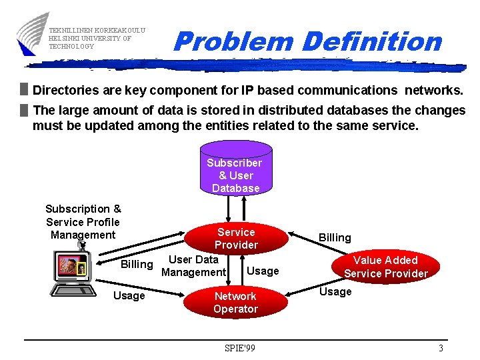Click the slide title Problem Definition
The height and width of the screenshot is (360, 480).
click(x=307, y=41)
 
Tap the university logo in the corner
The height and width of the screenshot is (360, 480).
click(x=32, y=33)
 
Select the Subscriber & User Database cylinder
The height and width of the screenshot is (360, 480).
click(x=235, y=171)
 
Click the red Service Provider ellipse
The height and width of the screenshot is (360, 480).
click(x=236, y=238)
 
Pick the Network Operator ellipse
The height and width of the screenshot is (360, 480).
click(x=235, y=302)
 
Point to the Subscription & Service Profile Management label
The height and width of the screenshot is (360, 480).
click(x=83, y=222)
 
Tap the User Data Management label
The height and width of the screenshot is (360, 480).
click(x=193, y=265)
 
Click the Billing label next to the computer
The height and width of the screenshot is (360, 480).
click(x=137, y=264)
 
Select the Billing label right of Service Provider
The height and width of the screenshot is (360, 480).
click(x=335, y=237)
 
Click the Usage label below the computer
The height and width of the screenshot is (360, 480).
click(x=129, y=295)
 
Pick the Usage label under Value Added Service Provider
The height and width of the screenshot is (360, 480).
click(x=335, y=291)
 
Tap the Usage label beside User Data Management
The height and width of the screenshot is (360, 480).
click(x=263, y=271)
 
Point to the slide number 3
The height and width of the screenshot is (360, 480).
click(x=441, y=348)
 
